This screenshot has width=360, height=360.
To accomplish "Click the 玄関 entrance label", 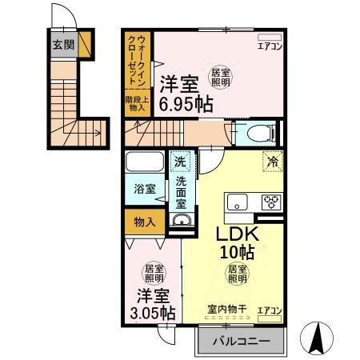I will pos(63,44).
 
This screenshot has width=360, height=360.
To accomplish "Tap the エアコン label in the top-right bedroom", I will pos(268,46).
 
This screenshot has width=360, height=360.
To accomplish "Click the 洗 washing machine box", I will pos(181,160).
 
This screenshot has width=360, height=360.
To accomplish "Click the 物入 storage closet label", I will pos(143,220).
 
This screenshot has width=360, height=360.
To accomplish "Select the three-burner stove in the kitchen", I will pos(270,202).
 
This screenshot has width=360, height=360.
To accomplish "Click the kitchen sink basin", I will pos(237,202).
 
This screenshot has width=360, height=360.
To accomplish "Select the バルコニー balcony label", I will pos(240,342).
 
